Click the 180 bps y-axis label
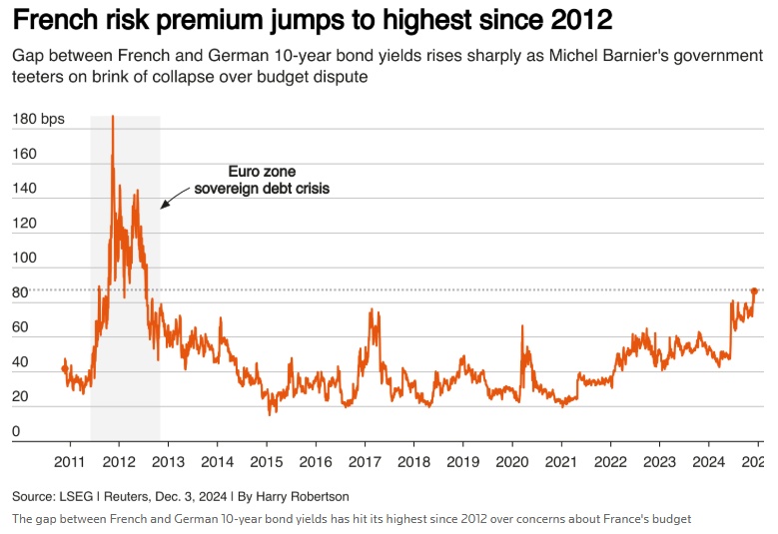(x=38, y=120)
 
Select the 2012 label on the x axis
(x=119, y=461)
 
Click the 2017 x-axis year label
(x=365, y=461)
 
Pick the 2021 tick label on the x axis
(x=561, y=461)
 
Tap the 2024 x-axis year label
(x=709, y=461)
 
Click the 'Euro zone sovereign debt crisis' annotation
(x=262, y=180)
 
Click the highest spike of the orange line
(x=113, y=117)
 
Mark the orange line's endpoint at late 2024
(x=756, y=289)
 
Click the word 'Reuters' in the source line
(x=125, y=496)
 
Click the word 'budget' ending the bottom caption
(x=670, y=519)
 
